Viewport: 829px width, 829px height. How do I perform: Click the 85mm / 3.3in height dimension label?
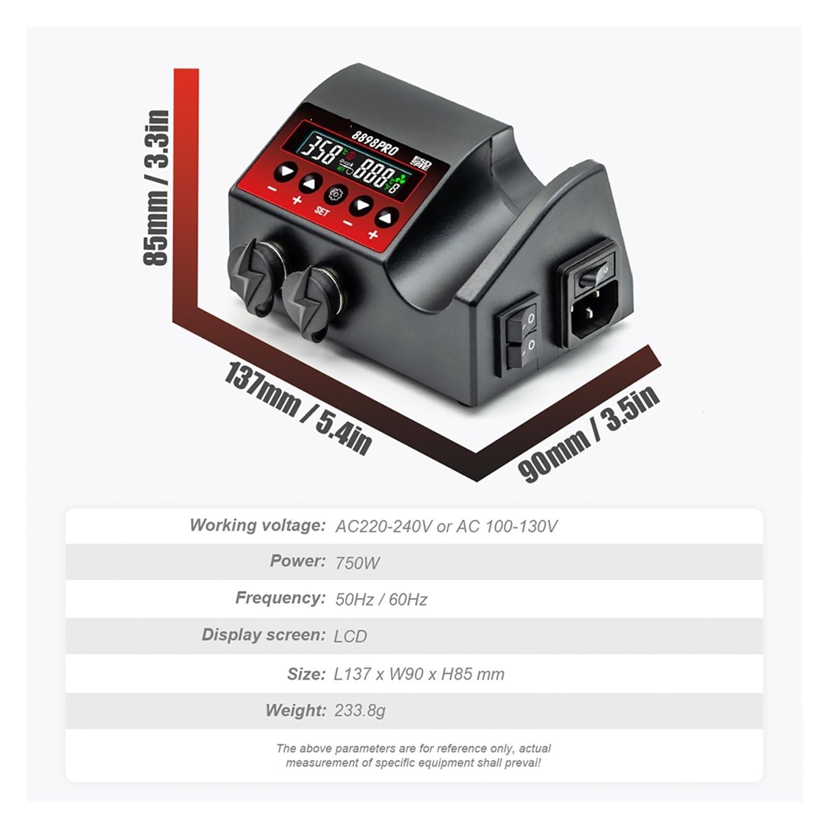tap(156, 188)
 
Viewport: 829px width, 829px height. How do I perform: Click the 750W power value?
tap(358, 563)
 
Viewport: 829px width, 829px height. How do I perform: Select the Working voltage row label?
tap(258, 525)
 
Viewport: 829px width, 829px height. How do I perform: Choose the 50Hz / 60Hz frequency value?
tap(381, 599)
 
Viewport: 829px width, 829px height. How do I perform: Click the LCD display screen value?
tap(351, 636)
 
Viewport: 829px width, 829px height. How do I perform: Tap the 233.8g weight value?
tap(360, 710)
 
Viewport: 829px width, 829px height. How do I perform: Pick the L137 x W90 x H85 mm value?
tap(419, 674)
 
